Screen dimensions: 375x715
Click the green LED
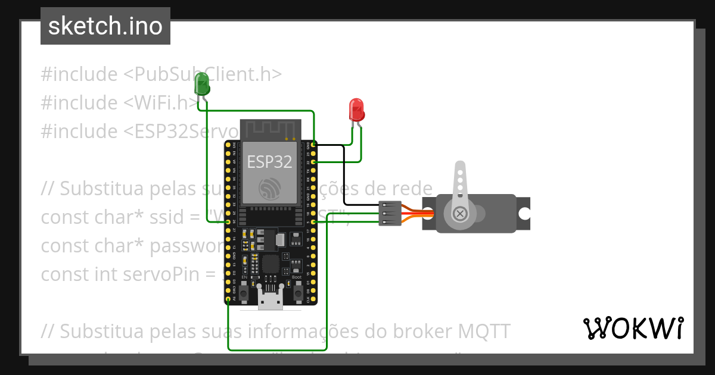pyautogui.click(x=202, y=84)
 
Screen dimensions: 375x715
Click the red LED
pyautogui.click(x=356, y=110)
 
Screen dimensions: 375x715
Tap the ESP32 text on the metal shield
pyautogui.click(x=269, y=162)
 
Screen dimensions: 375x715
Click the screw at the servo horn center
pyautogui.click(x=459, y=213)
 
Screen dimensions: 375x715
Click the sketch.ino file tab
pyautogui.click(x=105, y=26)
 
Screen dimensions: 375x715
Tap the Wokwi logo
pyautogui.click(x=633, y=328)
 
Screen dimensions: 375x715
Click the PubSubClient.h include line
pyautogui.click(x=161, y=74)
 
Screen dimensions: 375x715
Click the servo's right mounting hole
pyautogui.click(x=524, y=213)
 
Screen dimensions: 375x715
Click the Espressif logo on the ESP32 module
pyautogui.click(x=270, y=187)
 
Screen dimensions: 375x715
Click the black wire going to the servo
pyautogui.click(x=344, y=179)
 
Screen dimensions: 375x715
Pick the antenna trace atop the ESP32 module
pyautogui.click(x=270, y=128)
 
